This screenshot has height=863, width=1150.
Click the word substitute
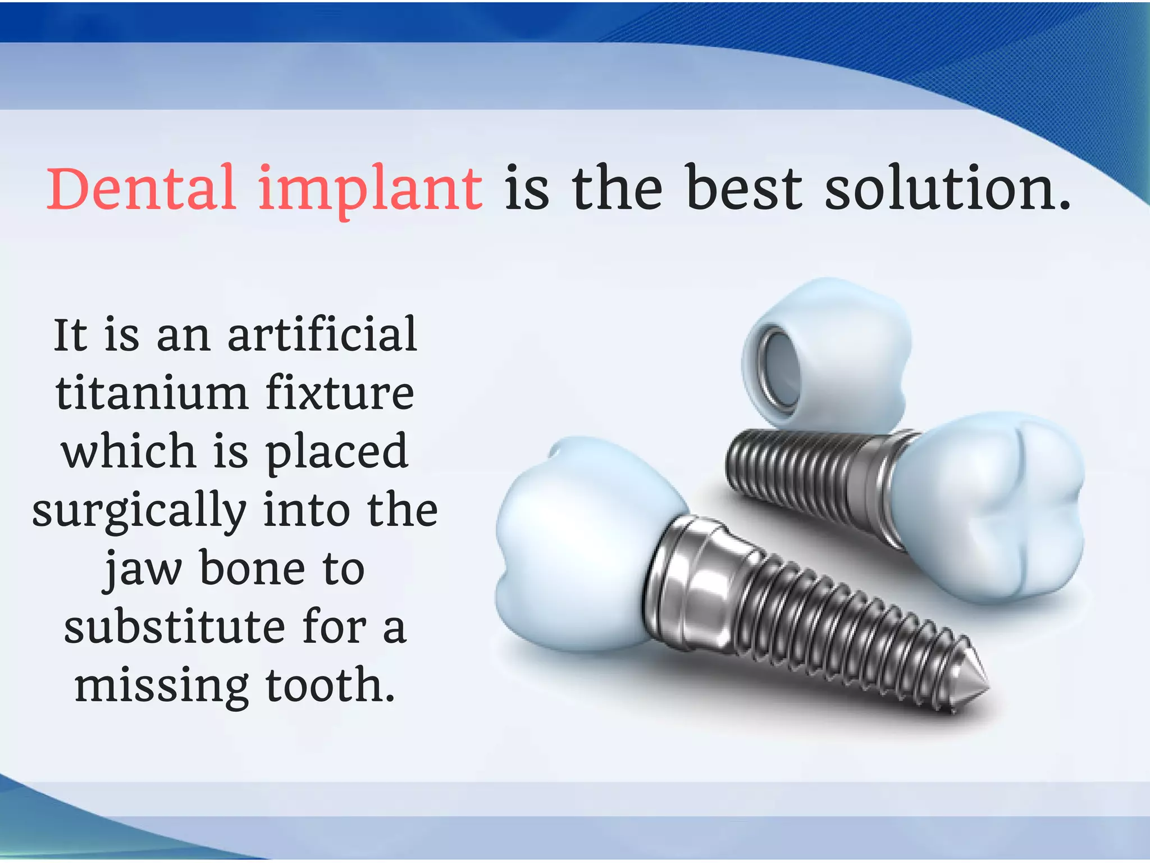coord(174,628)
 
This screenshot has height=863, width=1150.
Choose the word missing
coord(162,687)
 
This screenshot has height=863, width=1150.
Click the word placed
coord(336,452)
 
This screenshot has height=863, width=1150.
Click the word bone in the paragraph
coord(252,569)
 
